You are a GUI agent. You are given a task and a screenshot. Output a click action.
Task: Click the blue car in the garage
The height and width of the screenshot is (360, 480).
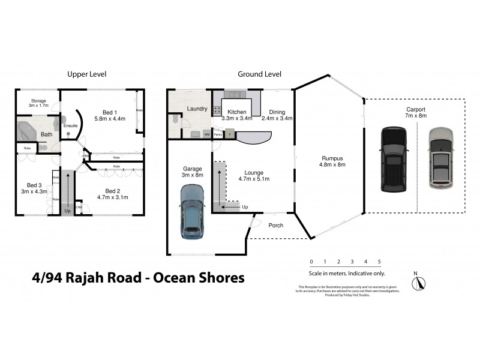[191, 211]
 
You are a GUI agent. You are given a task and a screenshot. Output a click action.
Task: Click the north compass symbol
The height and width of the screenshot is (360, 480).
[418, 283]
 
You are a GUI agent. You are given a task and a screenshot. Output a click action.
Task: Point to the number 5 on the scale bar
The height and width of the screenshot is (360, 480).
[379, 262]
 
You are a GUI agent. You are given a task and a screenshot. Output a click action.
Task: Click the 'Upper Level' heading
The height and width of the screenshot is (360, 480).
[86, 74]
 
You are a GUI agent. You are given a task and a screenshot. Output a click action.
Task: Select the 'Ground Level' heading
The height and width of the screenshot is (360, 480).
[259, 74]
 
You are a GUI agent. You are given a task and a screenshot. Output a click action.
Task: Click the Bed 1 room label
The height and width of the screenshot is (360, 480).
[110, 116]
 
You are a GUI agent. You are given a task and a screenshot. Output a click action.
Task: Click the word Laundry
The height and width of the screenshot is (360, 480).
[197, 109]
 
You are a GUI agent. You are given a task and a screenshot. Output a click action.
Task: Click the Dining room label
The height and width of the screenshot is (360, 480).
[277, 115]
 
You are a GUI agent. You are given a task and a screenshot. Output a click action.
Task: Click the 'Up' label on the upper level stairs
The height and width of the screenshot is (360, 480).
[68, 211]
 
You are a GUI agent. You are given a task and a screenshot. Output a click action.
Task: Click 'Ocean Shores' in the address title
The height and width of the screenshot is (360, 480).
[199, 278]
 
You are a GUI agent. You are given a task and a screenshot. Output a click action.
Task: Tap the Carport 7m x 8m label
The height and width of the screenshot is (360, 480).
[415, 112]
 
